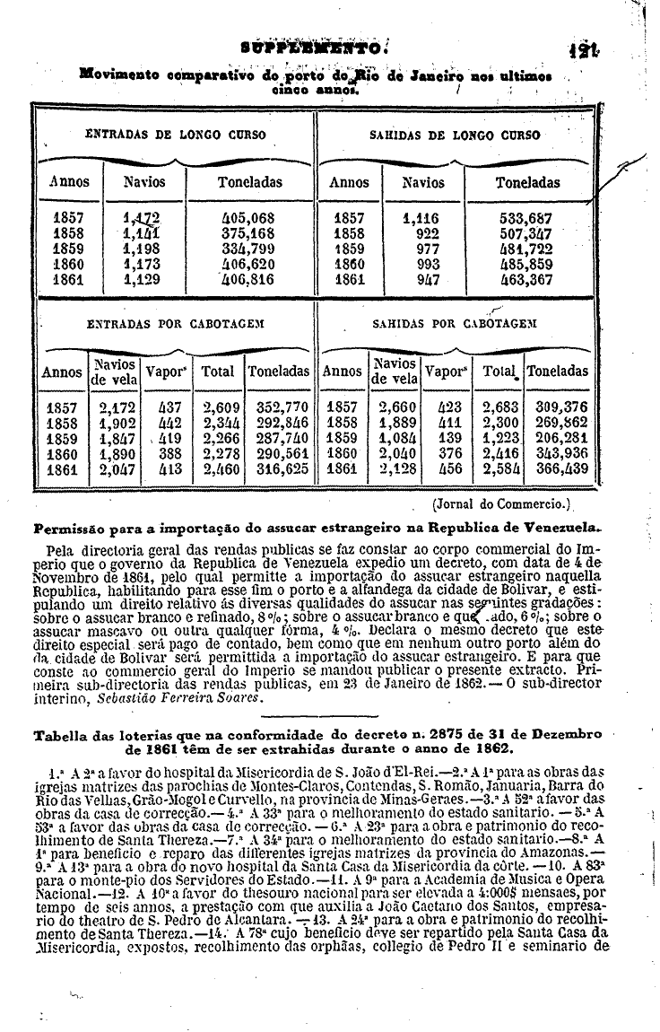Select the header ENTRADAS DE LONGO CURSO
pyautogui.click(x=175, y=135)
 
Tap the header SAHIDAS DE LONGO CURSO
pyautogui.click(x=456, y=135)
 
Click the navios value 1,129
pyautogui.click(x=144, y=279)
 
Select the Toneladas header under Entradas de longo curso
pyautogui.click(x=250, y=182)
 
